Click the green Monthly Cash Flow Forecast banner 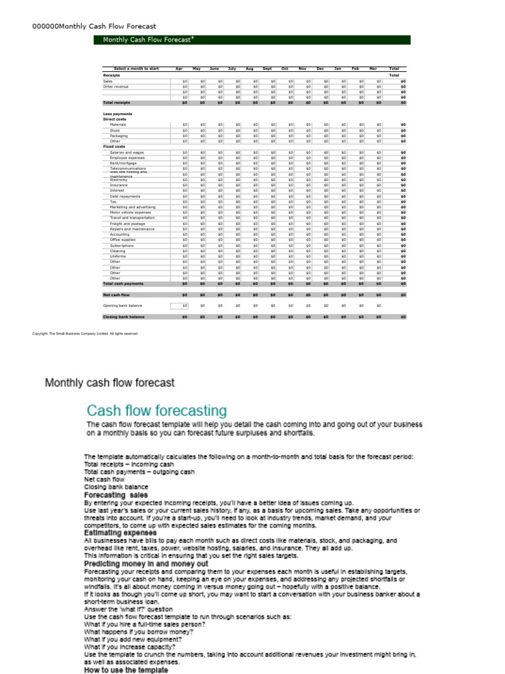click(256, 40)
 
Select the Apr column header click(179, 68)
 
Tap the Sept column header click(267, 68)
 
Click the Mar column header click(373, 68)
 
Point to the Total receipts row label click(116, 103)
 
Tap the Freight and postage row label click(128, 224)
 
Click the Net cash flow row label click(116, 295)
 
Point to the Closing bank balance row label click(124, 317)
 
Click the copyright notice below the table click(85, 334)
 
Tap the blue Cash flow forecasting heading click(158, 411)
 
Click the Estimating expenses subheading click(120, 532)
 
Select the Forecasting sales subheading click(116, 495)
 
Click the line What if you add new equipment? click(132, 639)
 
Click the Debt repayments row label click(125, 196)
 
